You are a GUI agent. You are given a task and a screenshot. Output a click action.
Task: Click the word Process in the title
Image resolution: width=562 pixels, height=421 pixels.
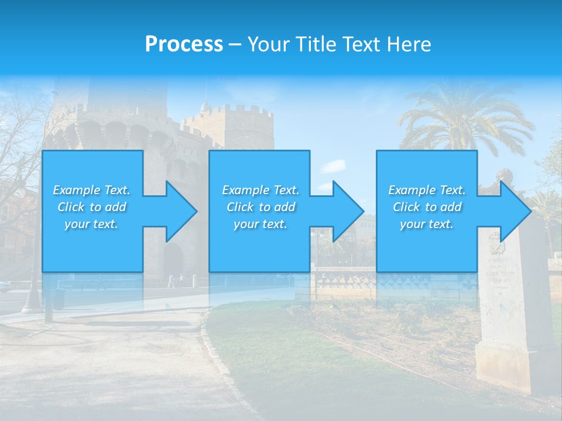184,44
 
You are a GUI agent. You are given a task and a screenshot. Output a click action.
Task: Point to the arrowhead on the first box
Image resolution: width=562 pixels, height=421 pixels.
179,211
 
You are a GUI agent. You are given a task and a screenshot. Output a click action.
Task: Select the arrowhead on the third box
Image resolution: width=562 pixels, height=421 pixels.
513,211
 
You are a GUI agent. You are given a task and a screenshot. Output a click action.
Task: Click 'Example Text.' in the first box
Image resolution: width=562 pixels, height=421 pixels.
91,190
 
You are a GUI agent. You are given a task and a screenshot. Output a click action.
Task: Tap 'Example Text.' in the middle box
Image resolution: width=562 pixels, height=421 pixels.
261,190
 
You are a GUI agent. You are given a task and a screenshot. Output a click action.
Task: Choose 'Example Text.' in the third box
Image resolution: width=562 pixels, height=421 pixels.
427,190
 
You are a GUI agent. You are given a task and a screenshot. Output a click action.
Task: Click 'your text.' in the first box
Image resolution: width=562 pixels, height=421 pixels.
91,224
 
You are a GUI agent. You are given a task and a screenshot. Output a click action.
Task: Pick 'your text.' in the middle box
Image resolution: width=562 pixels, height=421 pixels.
261,224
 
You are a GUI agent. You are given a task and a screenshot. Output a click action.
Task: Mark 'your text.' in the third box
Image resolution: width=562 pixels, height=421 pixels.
427,224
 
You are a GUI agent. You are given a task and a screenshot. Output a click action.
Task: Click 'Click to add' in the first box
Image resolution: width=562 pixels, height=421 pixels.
91,207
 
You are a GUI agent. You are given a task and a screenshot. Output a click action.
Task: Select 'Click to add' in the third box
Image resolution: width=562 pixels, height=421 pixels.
427,207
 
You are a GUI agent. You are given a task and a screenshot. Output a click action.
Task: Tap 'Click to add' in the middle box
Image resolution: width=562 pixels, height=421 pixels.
261,207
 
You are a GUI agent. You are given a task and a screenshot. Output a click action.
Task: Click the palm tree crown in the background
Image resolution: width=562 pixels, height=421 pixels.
462,117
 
